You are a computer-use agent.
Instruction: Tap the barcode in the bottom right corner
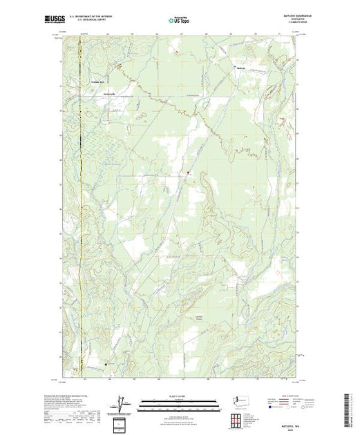click(350, 407)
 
